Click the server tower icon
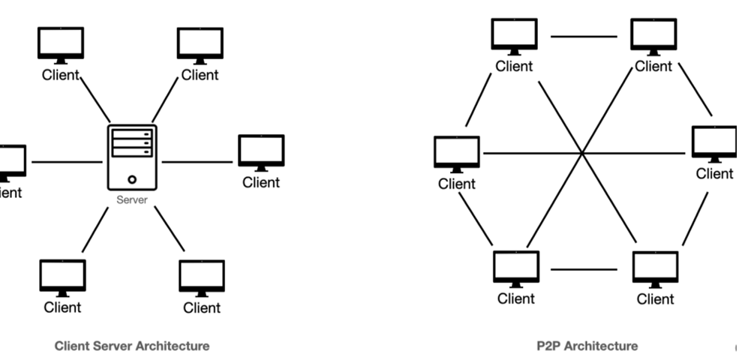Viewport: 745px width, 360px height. click(132, 158)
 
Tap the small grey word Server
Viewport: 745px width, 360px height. click(131, 201)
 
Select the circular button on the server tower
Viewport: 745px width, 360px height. click(132, 179)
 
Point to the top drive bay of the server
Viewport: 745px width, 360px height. click(132, 133)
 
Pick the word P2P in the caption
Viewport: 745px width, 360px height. click(548, 346)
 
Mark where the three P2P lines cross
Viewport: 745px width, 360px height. click(582, 154)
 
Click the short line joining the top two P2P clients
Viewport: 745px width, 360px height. click(584, 35)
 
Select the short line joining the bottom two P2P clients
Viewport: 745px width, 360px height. click(584, 269)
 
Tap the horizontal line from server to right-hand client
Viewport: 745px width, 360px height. click(197, 161)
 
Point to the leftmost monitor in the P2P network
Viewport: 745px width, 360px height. click(456, 153)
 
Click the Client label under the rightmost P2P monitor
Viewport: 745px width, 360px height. click(714, 174)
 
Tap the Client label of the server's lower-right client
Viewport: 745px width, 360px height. click(201, 307)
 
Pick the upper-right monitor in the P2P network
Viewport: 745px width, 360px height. click(653, 35)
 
